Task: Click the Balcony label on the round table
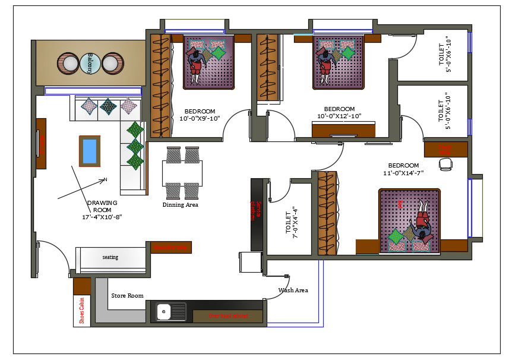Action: (89, 63)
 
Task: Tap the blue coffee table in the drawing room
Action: (90, 151)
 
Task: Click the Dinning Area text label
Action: (180, 205)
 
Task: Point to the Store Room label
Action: (127, 295)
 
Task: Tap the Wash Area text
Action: (293, 290)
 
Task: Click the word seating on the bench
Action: (110, 257)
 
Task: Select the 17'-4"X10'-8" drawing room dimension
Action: (102, 217)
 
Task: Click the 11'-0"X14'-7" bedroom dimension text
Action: (403, 173)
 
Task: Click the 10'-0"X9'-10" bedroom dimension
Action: (200, 119)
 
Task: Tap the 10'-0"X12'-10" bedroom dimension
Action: (339, 116)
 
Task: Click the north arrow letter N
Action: (105, 179)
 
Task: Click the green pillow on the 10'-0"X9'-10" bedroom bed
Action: (219, 53)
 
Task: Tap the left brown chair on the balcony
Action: (66, 62)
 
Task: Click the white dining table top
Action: (182, 173)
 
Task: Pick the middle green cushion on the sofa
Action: (135, 146)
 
